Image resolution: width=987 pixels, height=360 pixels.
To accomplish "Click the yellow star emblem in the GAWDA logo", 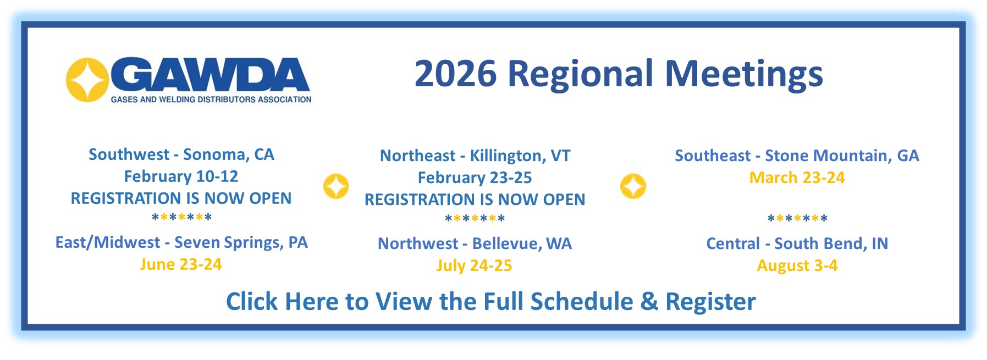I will pyautogui.click(x=87, y=80).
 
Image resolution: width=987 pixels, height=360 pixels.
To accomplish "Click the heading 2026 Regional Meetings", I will pyautogui.click(x=618, y=74).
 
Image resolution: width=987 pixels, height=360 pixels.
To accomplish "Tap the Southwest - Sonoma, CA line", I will pyautogui.click(x=181, y=154).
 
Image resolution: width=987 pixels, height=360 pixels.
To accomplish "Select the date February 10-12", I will pyautogui.click(x=181, y=176).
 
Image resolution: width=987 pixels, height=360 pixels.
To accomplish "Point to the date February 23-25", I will pyautogui.click(x=475, y=178).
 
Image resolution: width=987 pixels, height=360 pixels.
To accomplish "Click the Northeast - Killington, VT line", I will pyautogui.click(x=475, y=156).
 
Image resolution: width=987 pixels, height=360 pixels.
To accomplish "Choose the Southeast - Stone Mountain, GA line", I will pyautogui.click(x=797, y=156).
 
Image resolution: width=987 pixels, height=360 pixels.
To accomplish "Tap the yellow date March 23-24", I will pyautogui.click(x=797, y=178).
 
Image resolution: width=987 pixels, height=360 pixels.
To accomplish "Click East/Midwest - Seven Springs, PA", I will pyautogui.click(x=181, y=242).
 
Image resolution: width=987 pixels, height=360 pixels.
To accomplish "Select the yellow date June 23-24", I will pyautogui.click(x=181, y=264).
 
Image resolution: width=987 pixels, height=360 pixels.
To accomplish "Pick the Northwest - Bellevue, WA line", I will pyautogui.click(x=475, y=243).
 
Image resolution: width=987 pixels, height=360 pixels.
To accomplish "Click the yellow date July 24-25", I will pyautogui.click(x=474, y=265).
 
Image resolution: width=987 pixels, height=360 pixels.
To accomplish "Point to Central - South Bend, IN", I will pyautogui.click(x=797, y=243).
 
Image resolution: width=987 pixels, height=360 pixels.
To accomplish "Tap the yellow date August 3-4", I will pyautogui.click(x=797, y=265).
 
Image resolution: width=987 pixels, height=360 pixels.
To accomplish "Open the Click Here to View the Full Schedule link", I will pyautogui.click(x=490, y=301).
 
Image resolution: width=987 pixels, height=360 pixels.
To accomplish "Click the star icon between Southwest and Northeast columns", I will pyautogui.click(x=336, y=186).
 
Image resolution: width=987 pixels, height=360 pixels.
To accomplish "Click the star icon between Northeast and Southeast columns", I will pyautogui.click(x=633, y=186).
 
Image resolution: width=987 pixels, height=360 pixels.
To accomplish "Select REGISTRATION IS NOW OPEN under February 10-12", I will pyautogui.click(x=181, y=198).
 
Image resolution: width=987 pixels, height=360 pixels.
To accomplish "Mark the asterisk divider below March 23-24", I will pyautogui.click(x=797, y=219).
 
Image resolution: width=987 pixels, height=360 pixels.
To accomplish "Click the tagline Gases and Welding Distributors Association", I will pyautogui.click(x=211, y=99).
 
